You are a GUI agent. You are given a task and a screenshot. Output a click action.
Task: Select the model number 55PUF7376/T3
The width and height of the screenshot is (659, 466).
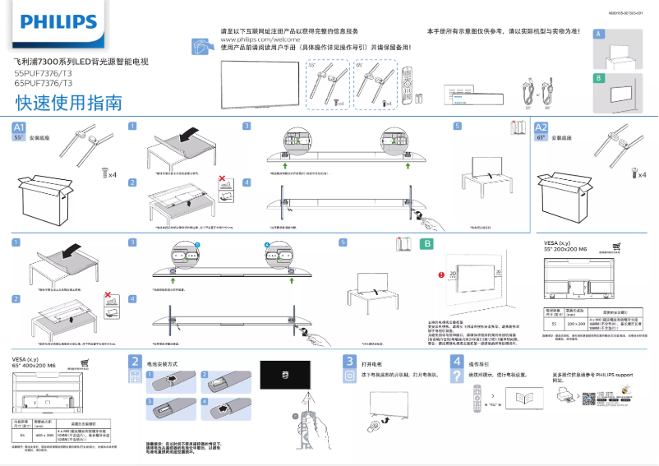pos(43,73)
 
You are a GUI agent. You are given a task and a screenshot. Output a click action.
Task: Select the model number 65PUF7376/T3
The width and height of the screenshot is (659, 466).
pos(43,83)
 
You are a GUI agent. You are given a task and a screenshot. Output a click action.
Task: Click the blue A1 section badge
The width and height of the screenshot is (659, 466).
pos(21,127)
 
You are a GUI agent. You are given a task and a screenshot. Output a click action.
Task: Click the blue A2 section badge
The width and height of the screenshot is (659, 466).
pos(541,127)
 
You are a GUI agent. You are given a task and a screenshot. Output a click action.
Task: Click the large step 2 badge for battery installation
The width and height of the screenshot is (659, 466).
pos(135,362)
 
